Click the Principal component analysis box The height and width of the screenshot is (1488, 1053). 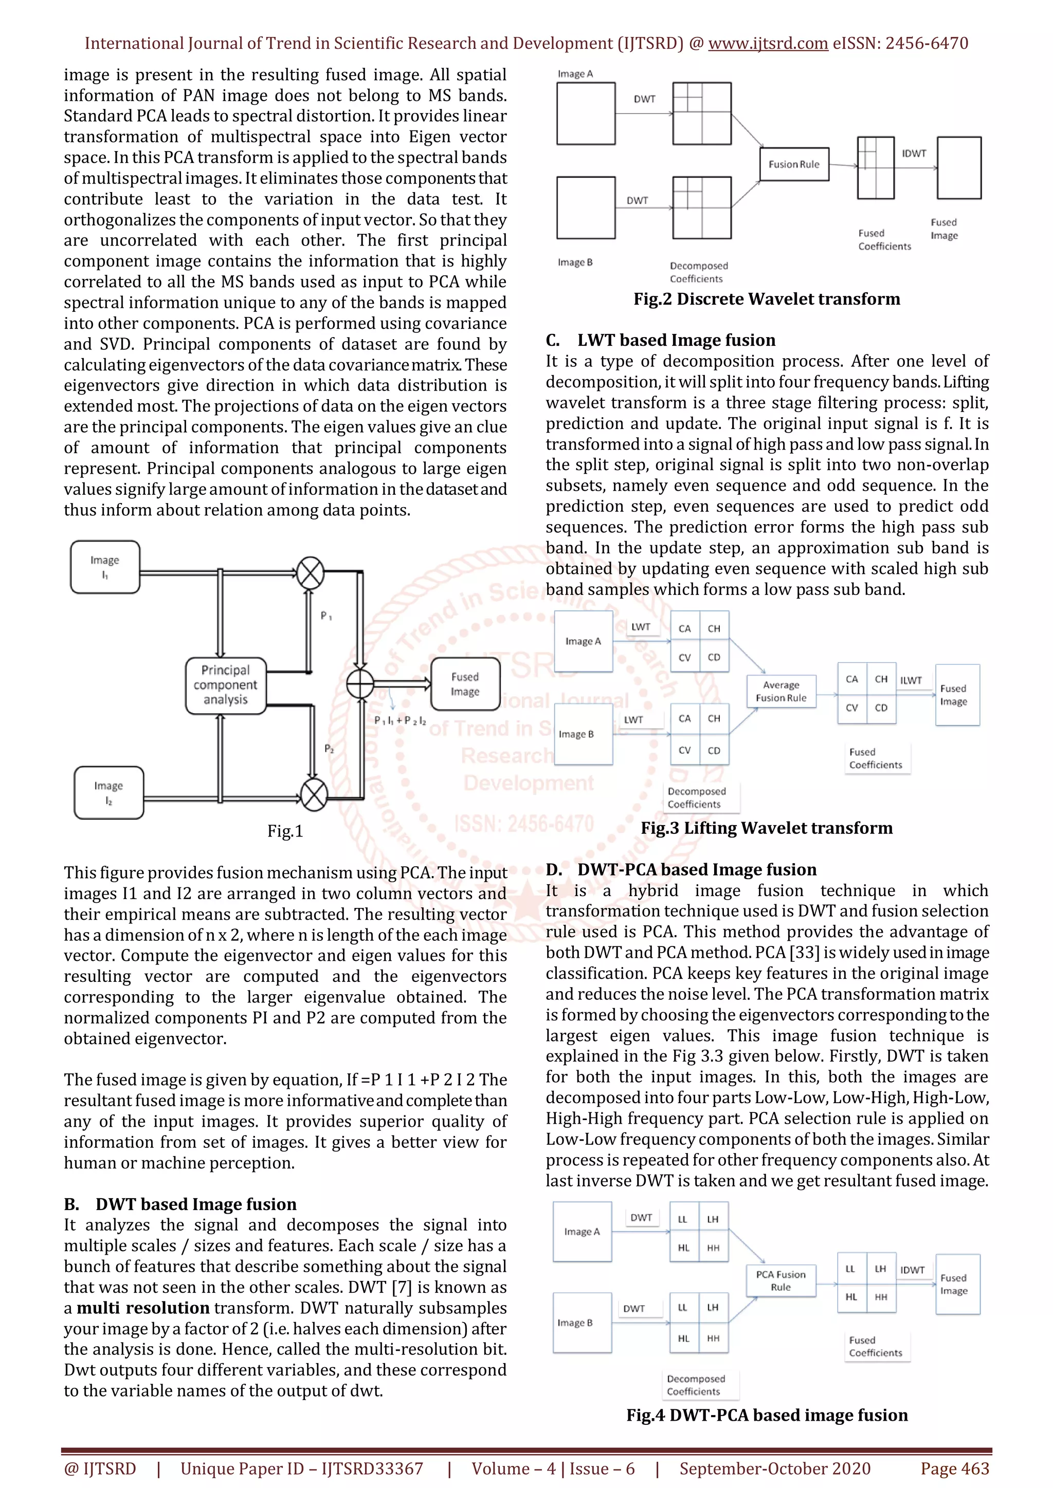click(226, 685)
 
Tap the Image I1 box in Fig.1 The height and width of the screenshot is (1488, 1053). click(105, 567)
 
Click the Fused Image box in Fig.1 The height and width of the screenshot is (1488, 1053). click(465, 684)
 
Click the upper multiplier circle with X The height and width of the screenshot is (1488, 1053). click(311, 573)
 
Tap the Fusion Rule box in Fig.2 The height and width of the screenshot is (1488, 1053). click(794, 164)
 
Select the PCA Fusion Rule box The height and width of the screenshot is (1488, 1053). click(780, 1280)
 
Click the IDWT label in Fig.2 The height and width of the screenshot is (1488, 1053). click(914, 154)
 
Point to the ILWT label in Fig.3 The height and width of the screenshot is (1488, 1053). click(911, 680)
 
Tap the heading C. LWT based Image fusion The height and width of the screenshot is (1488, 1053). click(660, 340)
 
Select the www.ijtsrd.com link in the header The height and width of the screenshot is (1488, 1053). click(768, 44)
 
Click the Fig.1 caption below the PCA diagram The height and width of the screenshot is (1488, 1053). click(285, 831)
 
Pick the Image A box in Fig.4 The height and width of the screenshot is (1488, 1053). click(582, 1232)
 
